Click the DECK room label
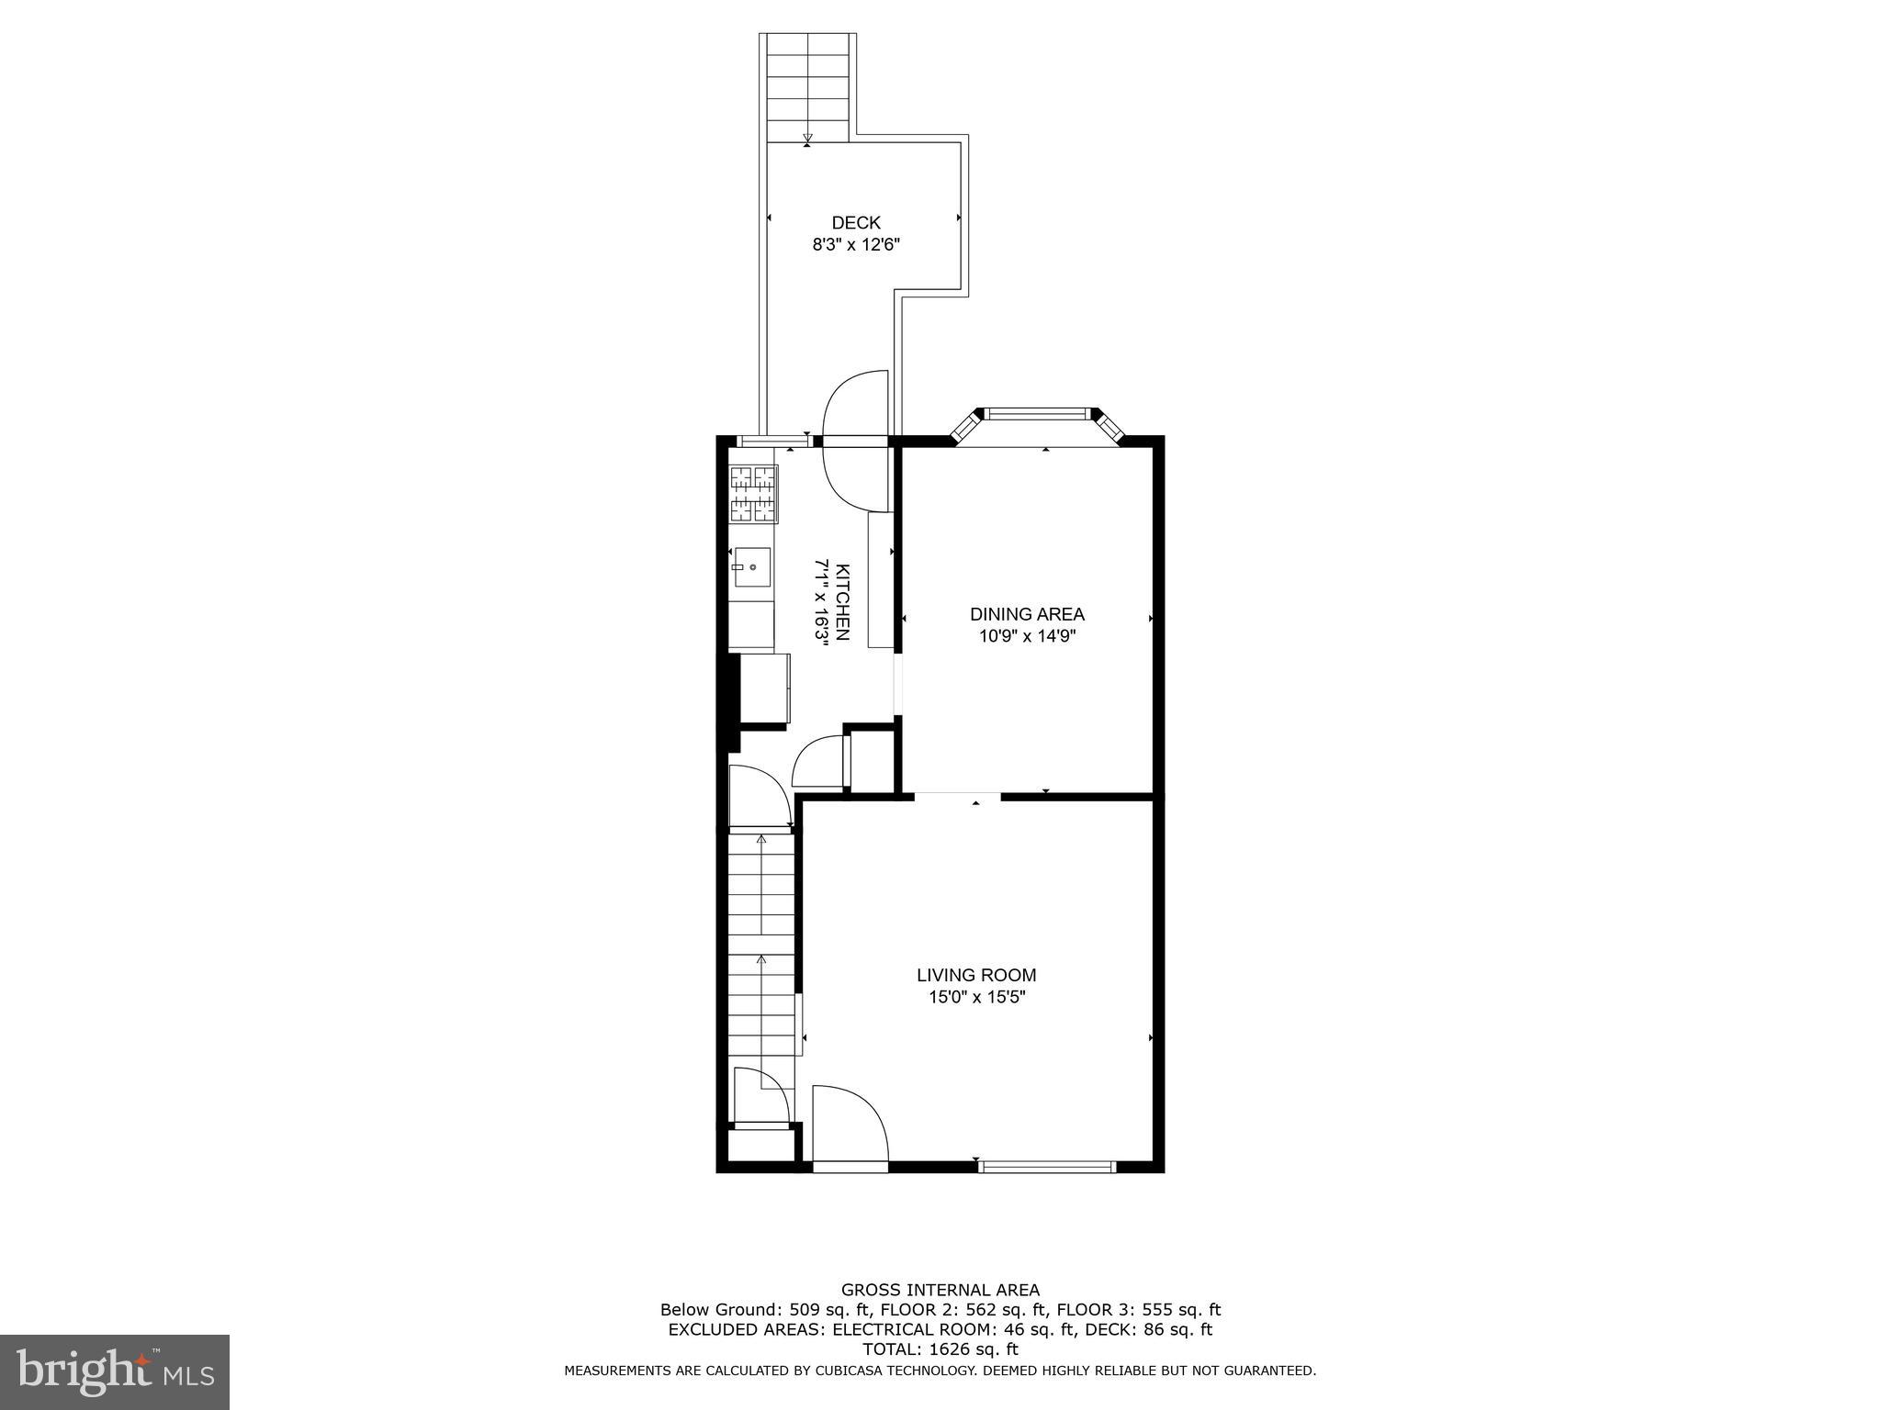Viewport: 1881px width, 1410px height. tap(855, 223)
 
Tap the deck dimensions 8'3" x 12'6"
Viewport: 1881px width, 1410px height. tap(855, 245)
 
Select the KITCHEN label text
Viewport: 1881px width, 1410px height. tap(842, 601)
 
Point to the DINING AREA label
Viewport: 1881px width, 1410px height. tap(1027, 614)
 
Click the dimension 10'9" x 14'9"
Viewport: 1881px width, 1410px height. tap(1027, 636)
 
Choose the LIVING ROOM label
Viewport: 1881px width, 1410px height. tap(976, 975)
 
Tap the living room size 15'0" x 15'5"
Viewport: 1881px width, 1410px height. tap(976, 997)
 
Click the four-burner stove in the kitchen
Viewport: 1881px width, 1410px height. tap(753, 494)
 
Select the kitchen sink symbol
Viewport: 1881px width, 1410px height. tap(752, 567)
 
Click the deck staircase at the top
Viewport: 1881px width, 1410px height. tap(807, 88)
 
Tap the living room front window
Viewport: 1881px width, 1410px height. tap(1046, 1167)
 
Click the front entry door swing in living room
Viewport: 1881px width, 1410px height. tap(850, 1125)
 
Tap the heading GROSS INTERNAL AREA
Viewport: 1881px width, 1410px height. tap(940, 1290)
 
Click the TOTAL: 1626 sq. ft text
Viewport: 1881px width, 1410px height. tap(940, 1348)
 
